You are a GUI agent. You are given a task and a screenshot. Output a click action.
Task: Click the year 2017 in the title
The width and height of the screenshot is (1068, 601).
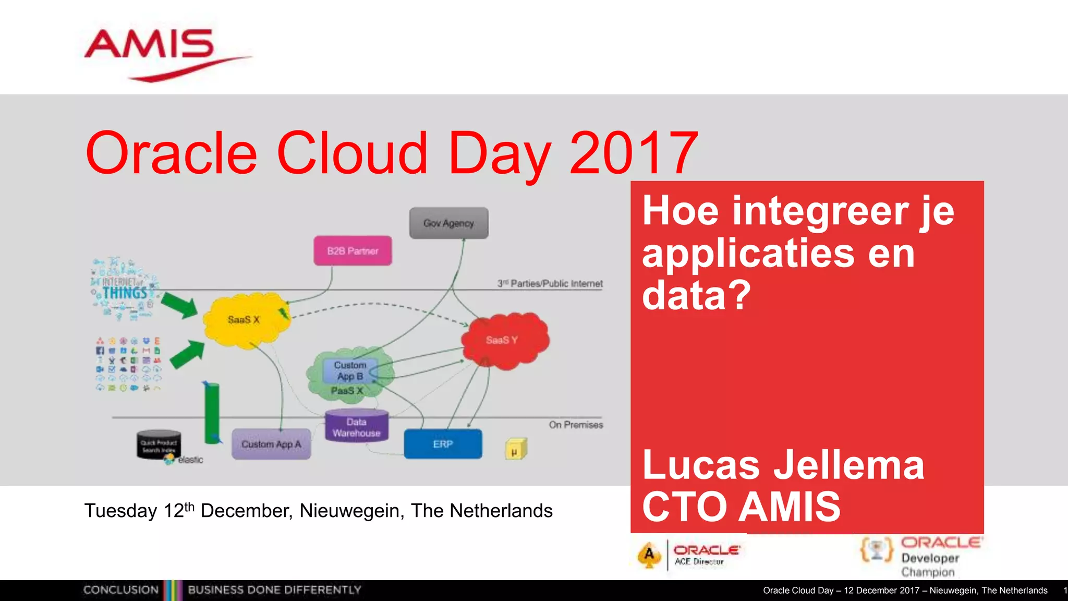pos(634,153)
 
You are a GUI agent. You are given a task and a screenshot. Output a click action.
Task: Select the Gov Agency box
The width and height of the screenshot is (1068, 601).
pos(448,223)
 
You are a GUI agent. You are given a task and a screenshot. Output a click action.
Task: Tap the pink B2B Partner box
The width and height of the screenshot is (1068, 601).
pos(353,251)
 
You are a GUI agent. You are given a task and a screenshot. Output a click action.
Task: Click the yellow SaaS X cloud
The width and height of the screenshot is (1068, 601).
pos(244,320)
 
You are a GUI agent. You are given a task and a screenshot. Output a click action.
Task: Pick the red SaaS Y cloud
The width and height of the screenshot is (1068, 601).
pos(504,340)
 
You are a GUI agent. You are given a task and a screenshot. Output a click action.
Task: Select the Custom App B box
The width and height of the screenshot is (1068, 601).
pos(350,370)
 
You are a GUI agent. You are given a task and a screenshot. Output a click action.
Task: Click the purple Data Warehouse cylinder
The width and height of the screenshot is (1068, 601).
pos(357,427)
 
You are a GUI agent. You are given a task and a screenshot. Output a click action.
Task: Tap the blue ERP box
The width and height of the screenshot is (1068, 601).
pos(443,444)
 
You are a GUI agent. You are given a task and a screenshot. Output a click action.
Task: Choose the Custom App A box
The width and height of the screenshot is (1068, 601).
pos(271,444)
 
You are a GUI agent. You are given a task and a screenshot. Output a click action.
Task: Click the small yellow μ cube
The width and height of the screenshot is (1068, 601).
pos(515,450)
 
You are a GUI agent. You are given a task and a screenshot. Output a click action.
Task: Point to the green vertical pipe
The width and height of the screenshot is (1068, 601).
pos(212,412)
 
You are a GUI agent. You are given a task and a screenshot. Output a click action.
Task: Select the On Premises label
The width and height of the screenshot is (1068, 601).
pos(576,425)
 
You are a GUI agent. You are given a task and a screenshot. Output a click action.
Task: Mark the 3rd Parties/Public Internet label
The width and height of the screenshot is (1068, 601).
pos(550,284)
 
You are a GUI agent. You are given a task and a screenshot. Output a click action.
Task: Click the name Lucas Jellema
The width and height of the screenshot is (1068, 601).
pos(783,465)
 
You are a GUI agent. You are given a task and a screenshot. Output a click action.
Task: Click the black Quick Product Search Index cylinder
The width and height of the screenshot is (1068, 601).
pos(159,445)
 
